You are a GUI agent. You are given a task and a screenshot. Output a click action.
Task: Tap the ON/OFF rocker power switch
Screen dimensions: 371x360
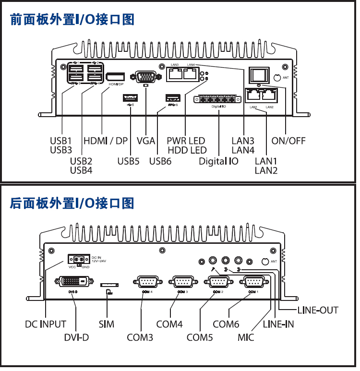point(258,74)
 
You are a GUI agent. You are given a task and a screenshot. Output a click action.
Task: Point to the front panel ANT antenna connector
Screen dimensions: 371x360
point(276,77)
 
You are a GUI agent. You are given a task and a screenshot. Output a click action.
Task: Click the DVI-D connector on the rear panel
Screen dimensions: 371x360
point(73,281)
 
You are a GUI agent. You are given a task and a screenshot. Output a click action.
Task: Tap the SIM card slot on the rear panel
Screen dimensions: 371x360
point(109,285)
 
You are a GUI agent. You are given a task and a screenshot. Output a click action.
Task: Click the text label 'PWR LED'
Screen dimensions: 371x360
point(186,141)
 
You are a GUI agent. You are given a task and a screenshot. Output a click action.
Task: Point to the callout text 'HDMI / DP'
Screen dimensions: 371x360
point(106,141)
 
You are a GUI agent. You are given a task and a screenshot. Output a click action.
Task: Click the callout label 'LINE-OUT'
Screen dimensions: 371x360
point(318,310)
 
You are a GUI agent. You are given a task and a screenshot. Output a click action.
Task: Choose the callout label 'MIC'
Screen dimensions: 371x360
point(246,337)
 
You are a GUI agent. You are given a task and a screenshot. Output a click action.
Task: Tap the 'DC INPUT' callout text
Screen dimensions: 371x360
point(46,324)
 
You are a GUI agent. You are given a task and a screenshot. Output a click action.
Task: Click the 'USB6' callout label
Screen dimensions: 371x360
point(160,161)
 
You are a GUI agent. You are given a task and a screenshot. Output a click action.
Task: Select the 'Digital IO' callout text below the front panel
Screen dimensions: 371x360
point(218,161)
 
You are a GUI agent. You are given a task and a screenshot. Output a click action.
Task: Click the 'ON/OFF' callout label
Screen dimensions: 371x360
point(288,141)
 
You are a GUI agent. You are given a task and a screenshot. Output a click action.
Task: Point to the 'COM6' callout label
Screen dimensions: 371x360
point(226,324)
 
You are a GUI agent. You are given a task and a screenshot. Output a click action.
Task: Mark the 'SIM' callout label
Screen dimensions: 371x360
point(107,324)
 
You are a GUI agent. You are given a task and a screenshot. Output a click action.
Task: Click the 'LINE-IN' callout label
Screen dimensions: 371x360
point(278,324)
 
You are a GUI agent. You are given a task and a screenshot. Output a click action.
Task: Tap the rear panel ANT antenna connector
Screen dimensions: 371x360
point(264,261)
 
